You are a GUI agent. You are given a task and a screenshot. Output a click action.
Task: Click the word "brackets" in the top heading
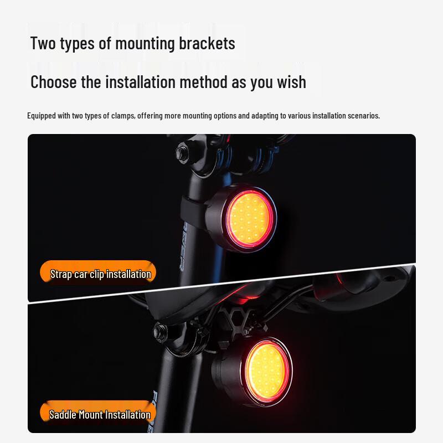pos(207,43)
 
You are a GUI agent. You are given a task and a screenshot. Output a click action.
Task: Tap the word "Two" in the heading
pos(43,43)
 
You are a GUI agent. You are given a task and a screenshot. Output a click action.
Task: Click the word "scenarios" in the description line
pos(360,116)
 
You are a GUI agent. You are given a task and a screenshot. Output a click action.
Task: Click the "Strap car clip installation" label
pos(100,274)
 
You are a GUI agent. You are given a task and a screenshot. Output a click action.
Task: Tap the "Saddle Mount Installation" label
pos(100,414)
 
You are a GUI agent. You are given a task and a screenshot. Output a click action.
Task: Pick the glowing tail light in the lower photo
pos(267,371)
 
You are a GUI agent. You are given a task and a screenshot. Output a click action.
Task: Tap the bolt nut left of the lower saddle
pos(161,331)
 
